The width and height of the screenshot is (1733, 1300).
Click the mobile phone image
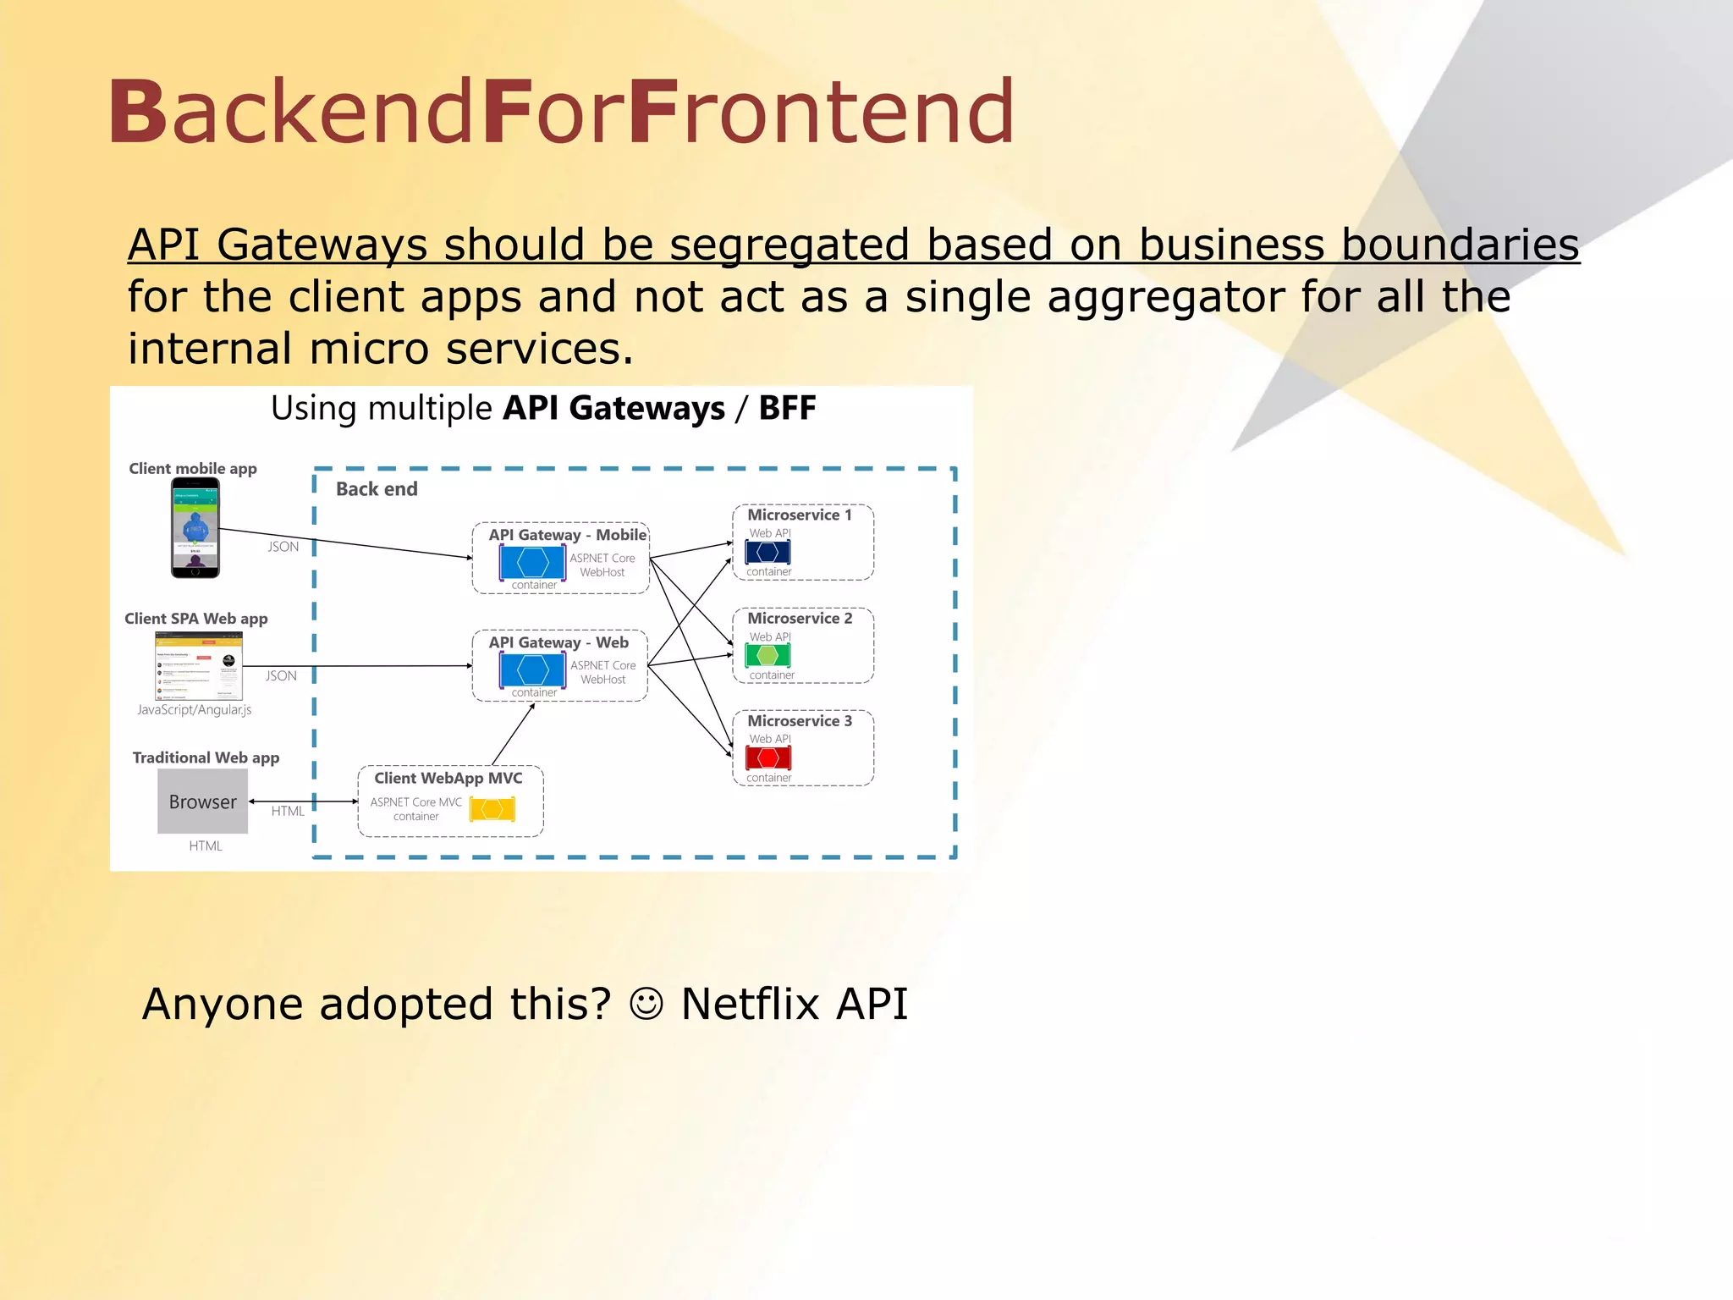coord(195,528)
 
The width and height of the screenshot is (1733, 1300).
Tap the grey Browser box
coord(202,801)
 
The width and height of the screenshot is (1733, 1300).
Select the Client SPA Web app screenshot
coord(199,666)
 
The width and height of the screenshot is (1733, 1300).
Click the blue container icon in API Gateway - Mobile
coord(531,563)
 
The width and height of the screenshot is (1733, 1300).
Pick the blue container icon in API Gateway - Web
coord(531,669)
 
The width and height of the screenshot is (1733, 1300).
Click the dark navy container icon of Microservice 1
coord(767,552)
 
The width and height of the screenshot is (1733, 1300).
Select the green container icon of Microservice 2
coord(767,655)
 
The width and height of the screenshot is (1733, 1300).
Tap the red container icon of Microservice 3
coord(767,757)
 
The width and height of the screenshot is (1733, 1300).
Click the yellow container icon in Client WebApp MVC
coord(492,809)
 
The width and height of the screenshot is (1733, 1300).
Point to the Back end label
coord(377,489)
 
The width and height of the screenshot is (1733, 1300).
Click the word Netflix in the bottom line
coord(751,1005)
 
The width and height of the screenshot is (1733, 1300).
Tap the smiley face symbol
coord(646,1005)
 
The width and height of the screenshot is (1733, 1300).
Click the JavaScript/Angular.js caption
coord(195,709)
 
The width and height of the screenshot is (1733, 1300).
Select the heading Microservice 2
coord(800,618)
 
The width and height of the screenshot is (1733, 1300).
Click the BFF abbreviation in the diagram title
coord(787,408)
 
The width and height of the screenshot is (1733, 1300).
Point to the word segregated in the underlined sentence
coord(789,245)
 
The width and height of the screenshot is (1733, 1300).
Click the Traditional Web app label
coord(206,757)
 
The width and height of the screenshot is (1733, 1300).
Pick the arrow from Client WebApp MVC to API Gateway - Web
coord(513,735)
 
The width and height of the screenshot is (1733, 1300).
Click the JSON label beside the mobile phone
coord(283,547)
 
